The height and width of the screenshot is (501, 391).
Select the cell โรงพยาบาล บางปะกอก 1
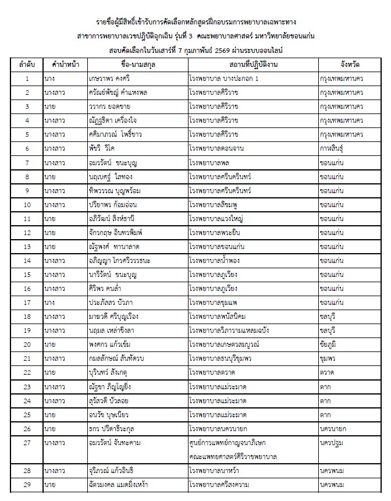click(x=224, y=79)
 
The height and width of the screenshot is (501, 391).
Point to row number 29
click(x=27, y=484)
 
